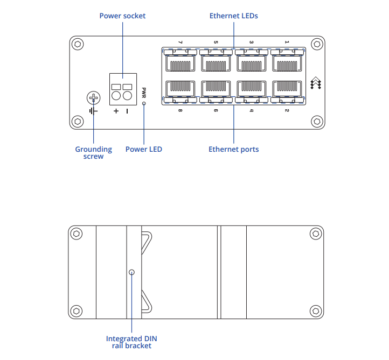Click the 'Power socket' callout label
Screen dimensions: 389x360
[x=122, y=16]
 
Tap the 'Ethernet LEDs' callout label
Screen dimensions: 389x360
[x=234, y=16]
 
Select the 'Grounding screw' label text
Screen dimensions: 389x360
[x=94, y=153]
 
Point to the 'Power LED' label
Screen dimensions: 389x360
[x=144, y=149]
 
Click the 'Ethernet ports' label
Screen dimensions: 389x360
[x=234, y=149]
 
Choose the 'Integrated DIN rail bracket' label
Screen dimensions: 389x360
[x=131, y=342]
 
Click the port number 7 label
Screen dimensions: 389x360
[x=180, y=42]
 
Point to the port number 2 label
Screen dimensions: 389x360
[x=287, y=110]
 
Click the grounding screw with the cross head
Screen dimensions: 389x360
[x=94, y=98]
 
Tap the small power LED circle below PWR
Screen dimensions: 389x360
[x=144, y=103]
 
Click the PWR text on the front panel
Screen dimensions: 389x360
[x=144, y=93]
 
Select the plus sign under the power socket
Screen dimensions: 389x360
[x=116, y=111]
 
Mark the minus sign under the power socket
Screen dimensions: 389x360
[x=127, y=111]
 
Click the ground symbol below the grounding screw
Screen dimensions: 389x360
[x=94, y=111]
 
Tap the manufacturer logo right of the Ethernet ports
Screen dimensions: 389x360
[x=316, y=83]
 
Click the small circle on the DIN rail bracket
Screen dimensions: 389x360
[x=132, y=272]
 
